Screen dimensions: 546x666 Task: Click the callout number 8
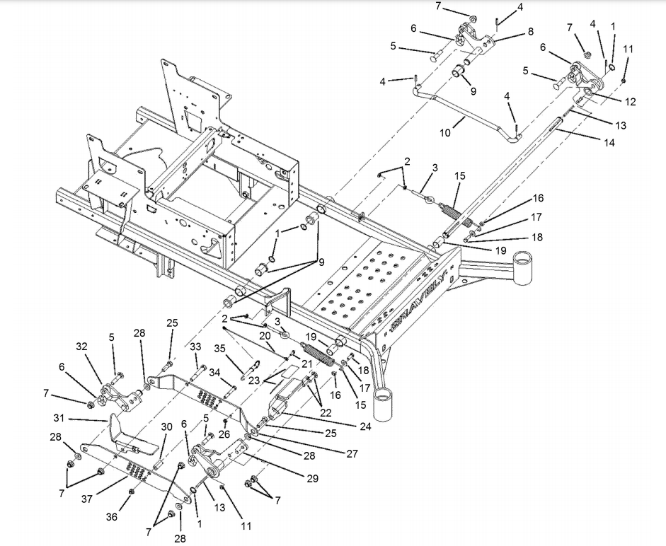tap(530, 32)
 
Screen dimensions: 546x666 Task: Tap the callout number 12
tap(631, 102)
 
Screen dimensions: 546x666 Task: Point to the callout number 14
tap(609, 142)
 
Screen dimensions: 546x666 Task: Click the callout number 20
tap(264, 336)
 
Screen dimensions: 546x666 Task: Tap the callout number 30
tap(166, 426)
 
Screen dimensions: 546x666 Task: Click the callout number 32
tap(82, 347)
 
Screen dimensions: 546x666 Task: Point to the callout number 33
tap(195, 347)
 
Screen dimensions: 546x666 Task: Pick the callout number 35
tap(220, 348)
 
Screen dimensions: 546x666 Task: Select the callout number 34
tap(213, 373)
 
